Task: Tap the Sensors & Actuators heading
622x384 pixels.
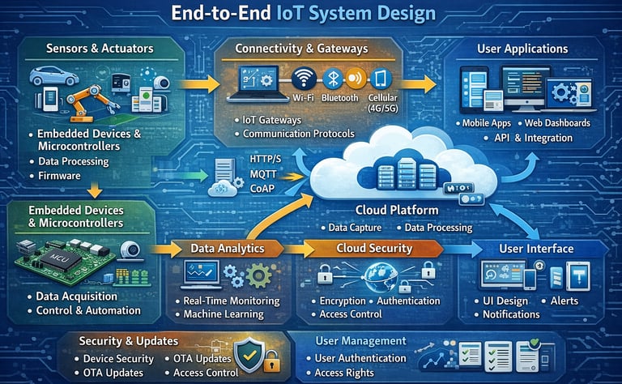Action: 101,49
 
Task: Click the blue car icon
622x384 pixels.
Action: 53,77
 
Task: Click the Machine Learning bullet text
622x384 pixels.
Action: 231,314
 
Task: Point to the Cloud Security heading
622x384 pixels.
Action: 373,248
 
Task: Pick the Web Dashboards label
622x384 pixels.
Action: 557,123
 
